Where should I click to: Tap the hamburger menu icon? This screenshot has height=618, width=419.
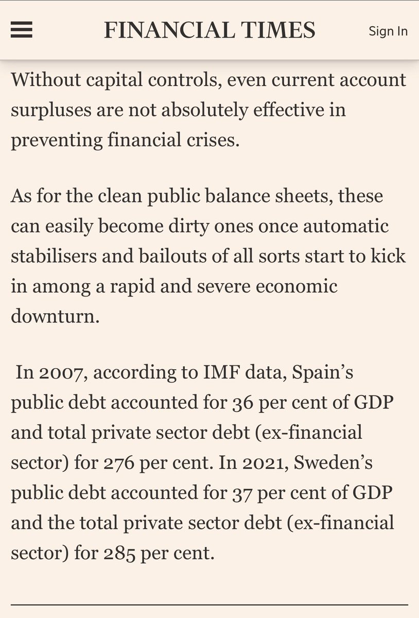coord(22,30)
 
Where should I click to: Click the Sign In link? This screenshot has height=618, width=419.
coord(388,31)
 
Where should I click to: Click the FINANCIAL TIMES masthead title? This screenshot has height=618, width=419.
coord(209,30)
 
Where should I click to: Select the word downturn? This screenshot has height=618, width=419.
coord(54,316)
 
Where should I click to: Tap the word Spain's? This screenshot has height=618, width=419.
coord(322,372)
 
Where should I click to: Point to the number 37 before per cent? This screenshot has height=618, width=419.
coord(238,492)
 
